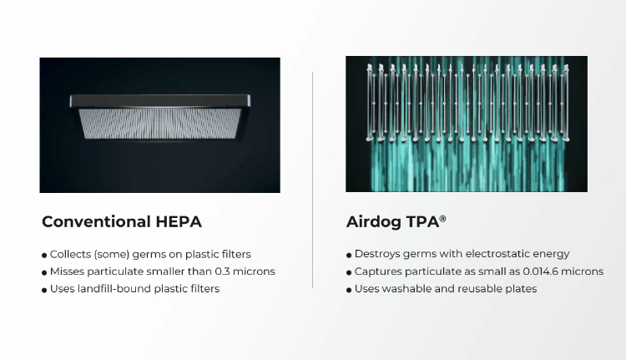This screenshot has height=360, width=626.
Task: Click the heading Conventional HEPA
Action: (x=121, y=222)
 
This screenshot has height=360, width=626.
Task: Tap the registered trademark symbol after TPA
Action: (x=442, y=219)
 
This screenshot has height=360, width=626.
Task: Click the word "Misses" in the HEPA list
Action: (x=67, y=271)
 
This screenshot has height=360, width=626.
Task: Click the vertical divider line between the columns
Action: (x=313, y=180)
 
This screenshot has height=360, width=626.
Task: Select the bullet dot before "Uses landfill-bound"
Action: (x=43, y=290)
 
